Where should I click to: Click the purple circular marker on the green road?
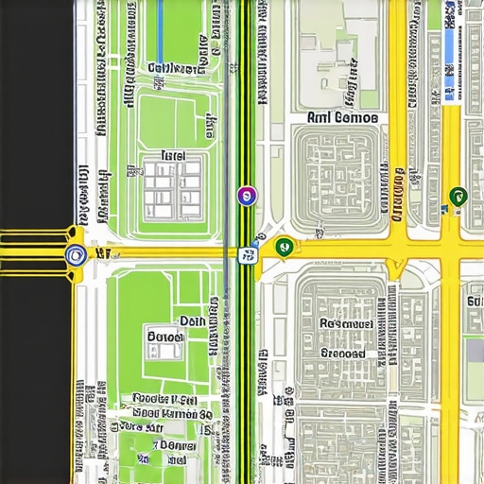(x=246, y=196)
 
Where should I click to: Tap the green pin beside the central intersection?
(x=283, y=247)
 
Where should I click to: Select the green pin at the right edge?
(x=458, y=197)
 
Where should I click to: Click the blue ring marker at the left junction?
(x=73, y=252)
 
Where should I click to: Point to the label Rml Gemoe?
(x=342, y=118)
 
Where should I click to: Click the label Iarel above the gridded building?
(x=173, y=155)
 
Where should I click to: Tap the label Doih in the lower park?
(x=192, y=321)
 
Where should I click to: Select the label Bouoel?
(x=166, y=336)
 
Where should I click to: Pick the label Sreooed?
(x=341, y=353)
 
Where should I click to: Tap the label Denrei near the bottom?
(x=177, y=444)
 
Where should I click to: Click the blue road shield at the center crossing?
(x=250, y=253)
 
